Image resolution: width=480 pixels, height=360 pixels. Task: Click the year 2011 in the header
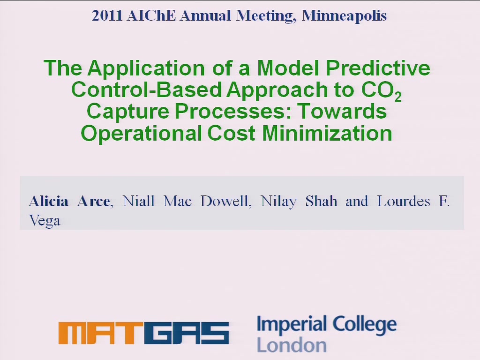point(107,15)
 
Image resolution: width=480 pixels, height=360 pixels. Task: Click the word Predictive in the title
point(378,67)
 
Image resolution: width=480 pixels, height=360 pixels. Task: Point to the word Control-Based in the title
point(147,90)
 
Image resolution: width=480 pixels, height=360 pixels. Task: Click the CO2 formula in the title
point(381,90)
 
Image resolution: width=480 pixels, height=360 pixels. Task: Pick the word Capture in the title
point(128,112)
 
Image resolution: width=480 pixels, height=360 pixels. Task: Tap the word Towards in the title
point(342,111)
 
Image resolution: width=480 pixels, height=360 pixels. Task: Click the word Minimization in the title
point(327,134)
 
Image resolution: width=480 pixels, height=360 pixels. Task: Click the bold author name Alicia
point(48,202)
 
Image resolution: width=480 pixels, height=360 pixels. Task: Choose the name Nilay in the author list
point(278,202)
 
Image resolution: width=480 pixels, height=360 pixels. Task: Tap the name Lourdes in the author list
point(404,202)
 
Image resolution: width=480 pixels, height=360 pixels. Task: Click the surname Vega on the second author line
point(45,221)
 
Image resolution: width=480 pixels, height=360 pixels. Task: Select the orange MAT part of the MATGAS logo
point(105,333)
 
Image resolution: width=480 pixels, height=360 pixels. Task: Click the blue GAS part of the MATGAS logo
point(190,333)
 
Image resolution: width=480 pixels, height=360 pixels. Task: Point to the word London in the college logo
point(292,345)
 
